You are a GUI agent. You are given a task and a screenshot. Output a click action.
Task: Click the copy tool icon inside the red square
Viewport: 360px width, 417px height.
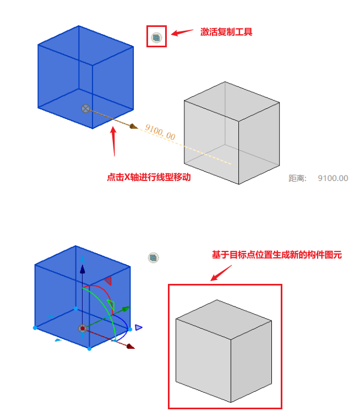coord(156,38)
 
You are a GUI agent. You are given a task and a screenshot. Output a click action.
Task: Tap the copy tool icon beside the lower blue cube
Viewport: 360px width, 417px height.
coord(153,257)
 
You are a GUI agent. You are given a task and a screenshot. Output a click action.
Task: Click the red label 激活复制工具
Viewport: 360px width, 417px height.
coord(226,32)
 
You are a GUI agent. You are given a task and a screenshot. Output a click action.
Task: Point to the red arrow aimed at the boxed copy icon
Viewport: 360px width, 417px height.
coord(182,32)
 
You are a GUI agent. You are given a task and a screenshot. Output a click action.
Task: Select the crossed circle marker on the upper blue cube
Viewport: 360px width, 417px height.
coord(85,108)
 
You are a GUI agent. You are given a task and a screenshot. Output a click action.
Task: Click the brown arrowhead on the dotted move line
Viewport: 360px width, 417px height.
coord(134,126)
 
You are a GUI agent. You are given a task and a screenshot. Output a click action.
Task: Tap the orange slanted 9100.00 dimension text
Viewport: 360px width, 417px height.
coord(160,132)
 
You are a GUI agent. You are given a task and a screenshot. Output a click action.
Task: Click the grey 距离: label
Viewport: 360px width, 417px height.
coord(297,178)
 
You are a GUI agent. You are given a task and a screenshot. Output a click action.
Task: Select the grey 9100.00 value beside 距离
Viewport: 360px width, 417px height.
coord(333,178)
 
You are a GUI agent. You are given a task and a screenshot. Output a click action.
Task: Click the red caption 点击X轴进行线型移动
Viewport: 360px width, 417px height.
coord(149,177)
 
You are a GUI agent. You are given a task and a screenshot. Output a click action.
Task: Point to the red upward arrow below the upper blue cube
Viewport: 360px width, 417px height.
coord(113,141)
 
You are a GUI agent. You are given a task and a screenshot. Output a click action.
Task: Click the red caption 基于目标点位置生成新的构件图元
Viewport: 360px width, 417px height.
coord(277,255)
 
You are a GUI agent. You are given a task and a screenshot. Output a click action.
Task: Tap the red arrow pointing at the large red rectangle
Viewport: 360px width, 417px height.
coord(221,273)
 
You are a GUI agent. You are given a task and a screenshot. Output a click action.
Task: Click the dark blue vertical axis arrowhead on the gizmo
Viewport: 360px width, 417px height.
coord(83,269)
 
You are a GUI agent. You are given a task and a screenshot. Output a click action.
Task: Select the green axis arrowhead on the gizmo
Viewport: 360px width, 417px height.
coord(126,309)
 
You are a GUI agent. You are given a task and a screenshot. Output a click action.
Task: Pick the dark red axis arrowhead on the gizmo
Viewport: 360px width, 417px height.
coord(130,346)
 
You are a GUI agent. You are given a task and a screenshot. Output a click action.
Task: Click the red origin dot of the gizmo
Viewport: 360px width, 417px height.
coord(83,329)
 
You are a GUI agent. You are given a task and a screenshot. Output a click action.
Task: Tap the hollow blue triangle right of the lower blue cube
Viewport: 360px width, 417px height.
coord(139,327)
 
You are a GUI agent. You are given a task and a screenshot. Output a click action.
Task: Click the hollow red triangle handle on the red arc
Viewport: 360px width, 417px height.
coord(108,281)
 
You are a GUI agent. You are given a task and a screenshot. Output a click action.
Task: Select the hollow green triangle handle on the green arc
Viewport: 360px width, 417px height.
coord(111,305)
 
